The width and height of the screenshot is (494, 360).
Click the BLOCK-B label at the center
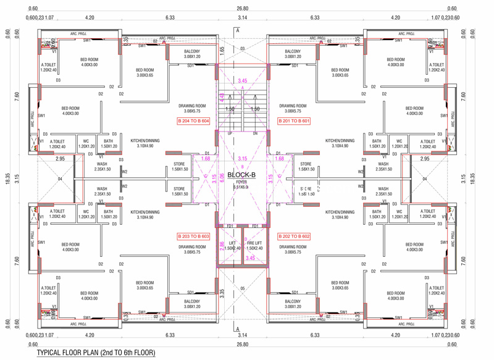242,175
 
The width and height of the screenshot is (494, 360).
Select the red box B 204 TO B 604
193,121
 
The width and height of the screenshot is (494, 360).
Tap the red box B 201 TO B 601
294,121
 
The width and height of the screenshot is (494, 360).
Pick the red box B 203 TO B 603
193,237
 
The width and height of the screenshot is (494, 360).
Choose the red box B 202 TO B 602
294,237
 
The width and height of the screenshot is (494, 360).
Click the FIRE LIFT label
255,244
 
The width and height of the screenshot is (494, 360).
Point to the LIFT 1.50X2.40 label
232,246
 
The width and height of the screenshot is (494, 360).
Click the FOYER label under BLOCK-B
241,183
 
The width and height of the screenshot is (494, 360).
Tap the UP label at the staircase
230,133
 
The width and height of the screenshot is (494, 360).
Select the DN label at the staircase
255,133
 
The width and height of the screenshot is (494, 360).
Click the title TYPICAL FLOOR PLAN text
96,353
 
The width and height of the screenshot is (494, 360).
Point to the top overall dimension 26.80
242,9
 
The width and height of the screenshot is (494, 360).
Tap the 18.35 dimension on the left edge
7,179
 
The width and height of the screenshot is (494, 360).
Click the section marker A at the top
237,30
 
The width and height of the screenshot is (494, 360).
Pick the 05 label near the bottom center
243,288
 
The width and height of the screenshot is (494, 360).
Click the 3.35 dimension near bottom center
222,293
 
